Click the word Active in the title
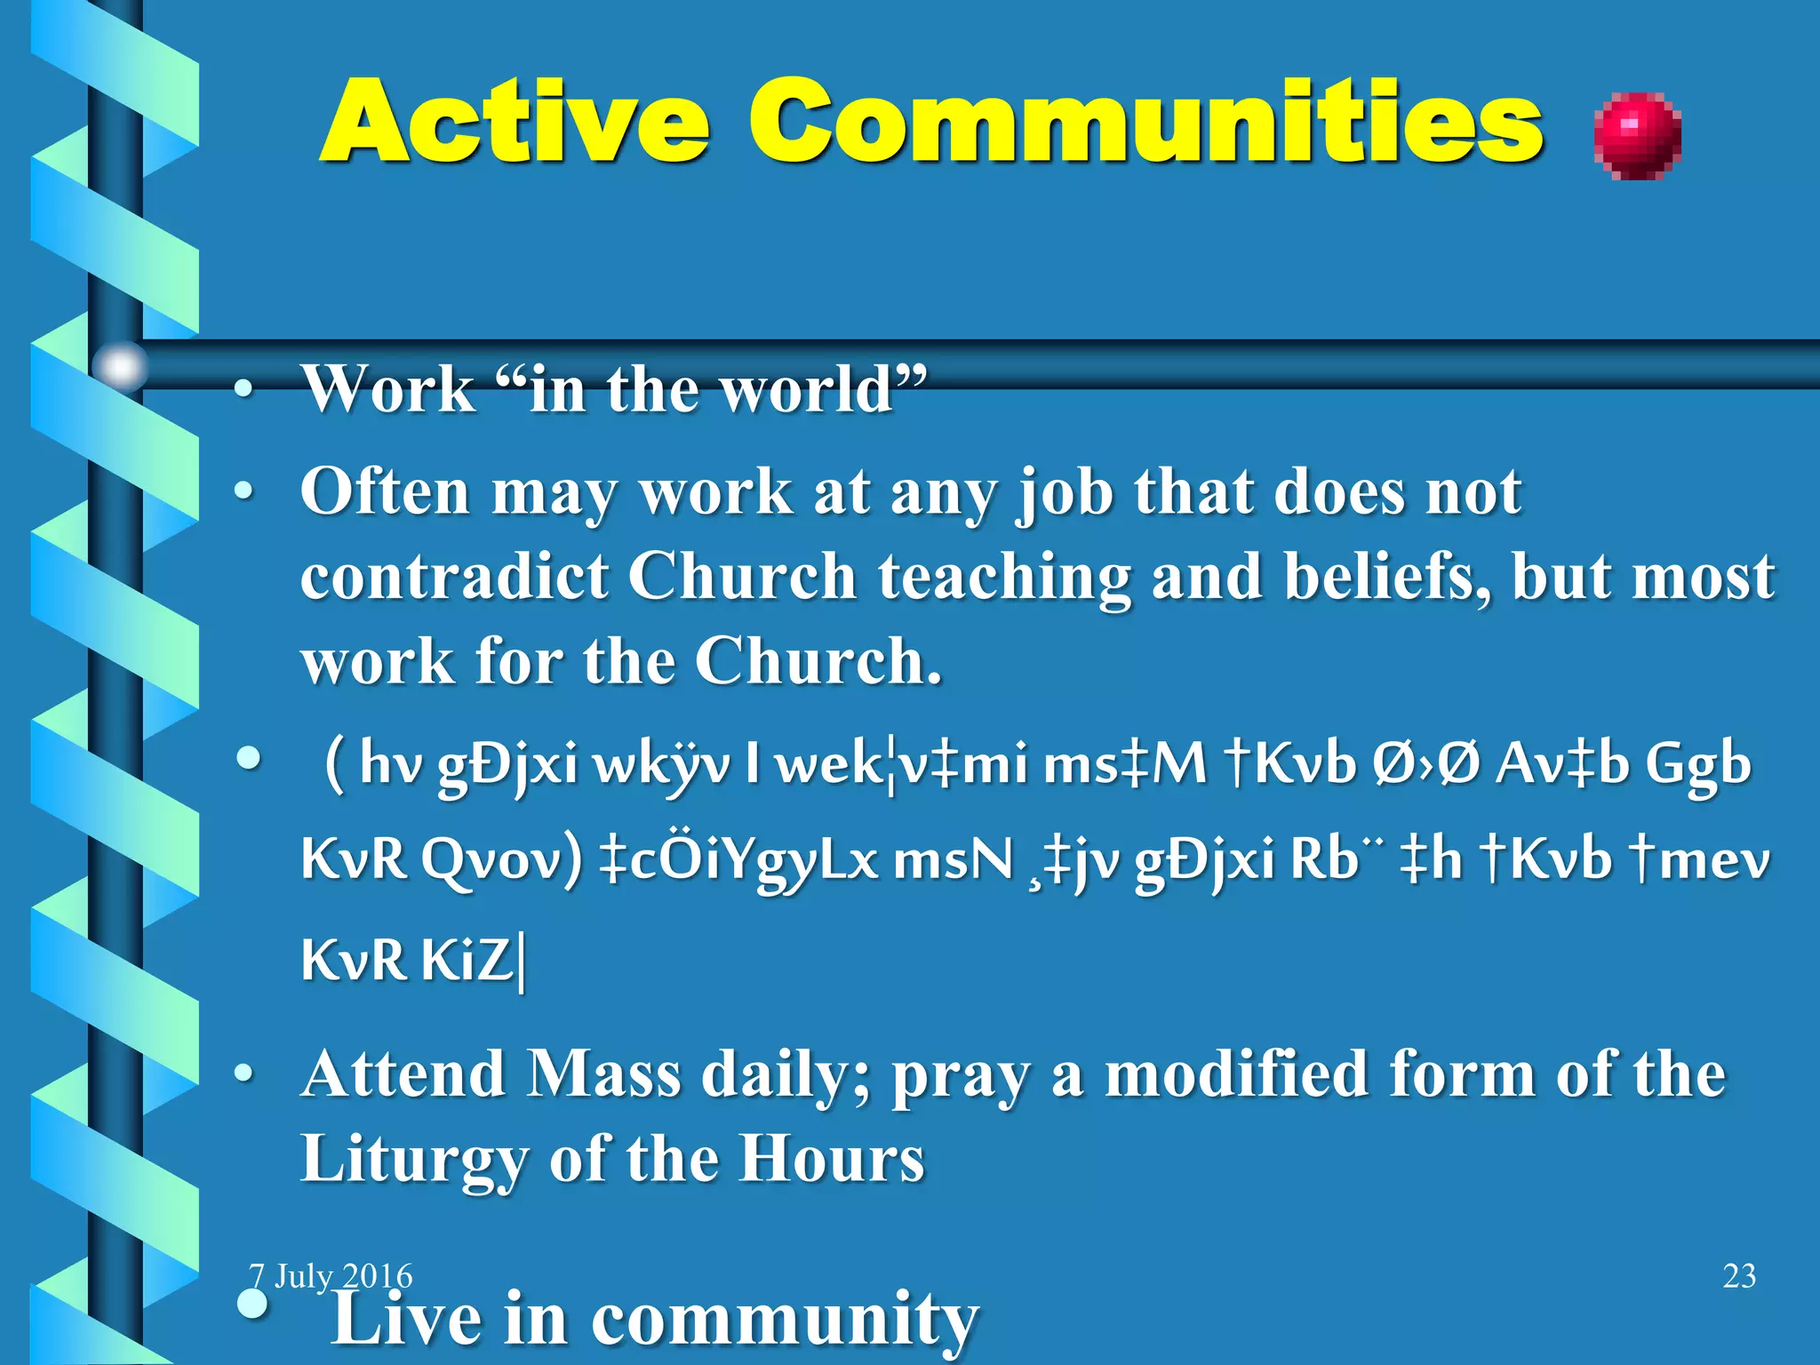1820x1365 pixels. pyautogui.click(x=515, y=122)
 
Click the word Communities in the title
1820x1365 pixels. pyautogui.click(x=1146, y=122)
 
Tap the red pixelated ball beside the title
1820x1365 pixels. pyautogui.click(x=1637, y=136)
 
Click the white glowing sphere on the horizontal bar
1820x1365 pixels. pyautogui.click(x=120, y=365)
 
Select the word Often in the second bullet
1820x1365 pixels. pyautogui.click(x=384, y=491)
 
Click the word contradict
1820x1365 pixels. pyautogui.click(x=454, y=577)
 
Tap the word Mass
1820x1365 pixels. pyautogui.click(x=603, y=1074)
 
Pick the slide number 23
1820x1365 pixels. pyautogui.click(x=1739, y=1276)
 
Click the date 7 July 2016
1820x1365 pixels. pyautogui.click(x=331, y=1276)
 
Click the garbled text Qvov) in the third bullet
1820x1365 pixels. pyautogui.click(x=501, y=860)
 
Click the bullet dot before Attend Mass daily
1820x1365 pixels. pyautogui.click(x=244, y=1074)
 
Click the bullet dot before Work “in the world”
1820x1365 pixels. pyautogui.click(x=244, y=390)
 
